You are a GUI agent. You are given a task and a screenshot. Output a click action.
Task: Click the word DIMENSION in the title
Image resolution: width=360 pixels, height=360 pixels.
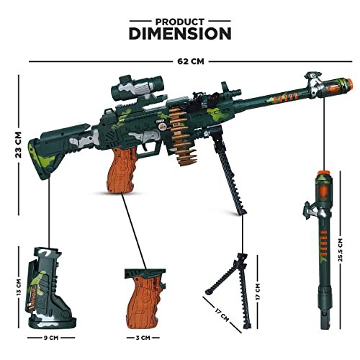coord(180,34)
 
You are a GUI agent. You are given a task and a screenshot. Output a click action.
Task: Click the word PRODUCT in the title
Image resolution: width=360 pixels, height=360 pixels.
coord(180,22)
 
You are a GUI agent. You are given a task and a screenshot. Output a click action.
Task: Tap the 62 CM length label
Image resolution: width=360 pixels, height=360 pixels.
coord(191,61)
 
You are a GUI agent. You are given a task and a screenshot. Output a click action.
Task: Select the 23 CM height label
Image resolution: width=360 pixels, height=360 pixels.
coord(18,145)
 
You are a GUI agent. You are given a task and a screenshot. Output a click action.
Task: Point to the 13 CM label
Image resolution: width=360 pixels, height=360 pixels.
coord(19,287)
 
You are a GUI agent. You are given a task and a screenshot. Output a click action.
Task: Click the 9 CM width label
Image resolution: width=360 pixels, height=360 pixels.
coord(51,338)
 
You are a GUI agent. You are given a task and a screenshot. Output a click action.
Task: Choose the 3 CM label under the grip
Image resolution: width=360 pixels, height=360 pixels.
coord(143,338)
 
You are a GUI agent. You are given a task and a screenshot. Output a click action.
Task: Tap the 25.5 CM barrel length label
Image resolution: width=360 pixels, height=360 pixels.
coord(341,250)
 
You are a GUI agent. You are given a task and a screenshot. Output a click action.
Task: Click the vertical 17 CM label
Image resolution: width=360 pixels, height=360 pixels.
coord(258,292)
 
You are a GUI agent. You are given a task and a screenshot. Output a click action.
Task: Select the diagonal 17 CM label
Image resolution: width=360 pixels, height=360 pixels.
coord(222,315)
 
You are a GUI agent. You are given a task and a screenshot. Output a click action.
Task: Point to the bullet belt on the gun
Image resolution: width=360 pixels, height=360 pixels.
coord(182,135)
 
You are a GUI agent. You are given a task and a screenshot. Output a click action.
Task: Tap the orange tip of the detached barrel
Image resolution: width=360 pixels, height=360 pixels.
coord(323,173)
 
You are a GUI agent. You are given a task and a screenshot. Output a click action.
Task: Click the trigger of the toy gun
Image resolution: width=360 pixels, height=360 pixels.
coord(145,147)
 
